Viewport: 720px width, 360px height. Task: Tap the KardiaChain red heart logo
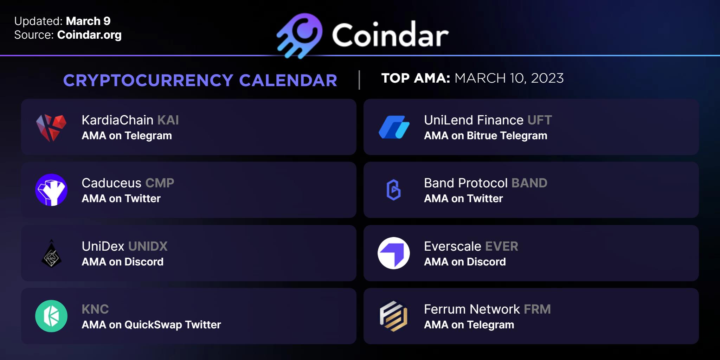[51, 128]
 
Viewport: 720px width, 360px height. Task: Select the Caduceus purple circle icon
[51, 190]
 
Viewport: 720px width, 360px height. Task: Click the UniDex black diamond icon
[51, 253]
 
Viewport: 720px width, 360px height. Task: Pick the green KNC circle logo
[51, 316]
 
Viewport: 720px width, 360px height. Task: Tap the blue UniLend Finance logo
[394, 127]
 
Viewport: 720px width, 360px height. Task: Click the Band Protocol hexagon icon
[394, 190]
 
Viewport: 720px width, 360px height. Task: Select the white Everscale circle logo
[394, 253]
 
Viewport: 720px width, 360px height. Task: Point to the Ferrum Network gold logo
[394, 316]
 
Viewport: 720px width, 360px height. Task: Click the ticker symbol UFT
[540, 120]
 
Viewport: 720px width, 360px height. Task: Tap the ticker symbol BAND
[529, 183]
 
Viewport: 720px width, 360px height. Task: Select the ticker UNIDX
[147, 246]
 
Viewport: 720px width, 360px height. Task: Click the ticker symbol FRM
[537, 309]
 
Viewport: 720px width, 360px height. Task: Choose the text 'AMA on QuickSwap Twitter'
[151, 325]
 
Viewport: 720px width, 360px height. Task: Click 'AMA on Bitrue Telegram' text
[486, 136]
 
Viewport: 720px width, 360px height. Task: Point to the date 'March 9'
[88, 21]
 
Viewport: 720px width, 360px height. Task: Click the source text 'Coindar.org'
[89, 35]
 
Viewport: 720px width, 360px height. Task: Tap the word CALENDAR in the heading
[288, 80]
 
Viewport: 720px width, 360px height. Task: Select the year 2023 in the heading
[547, 78]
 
